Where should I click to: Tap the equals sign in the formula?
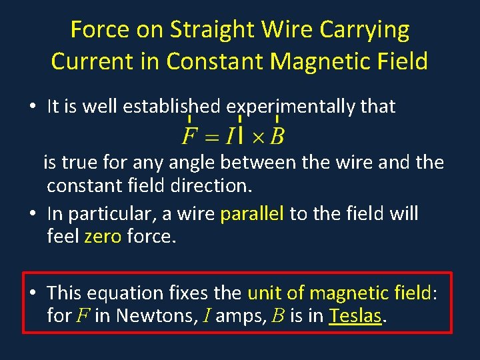211,137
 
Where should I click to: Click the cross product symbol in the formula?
257,137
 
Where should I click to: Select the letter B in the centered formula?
277,137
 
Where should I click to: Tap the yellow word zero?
102,237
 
